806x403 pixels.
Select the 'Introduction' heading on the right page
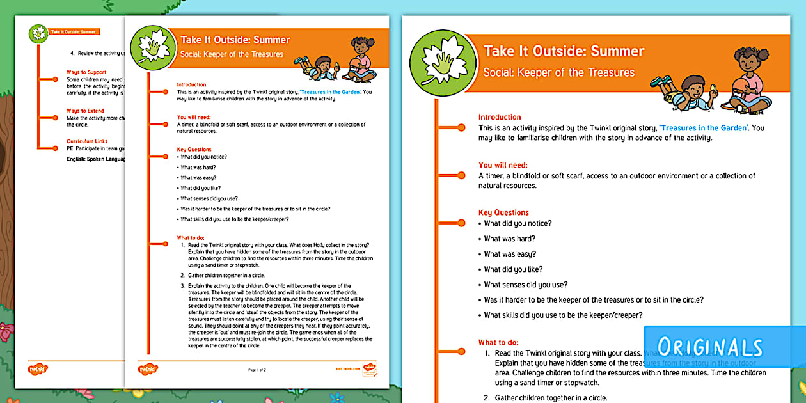500,117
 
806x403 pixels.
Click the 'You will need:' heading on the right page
503,165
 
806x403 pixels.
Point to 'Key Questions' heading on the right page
503,212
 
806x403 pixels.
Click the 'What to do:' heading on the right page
498,342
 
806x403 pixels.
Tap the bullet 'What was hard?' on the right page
510,239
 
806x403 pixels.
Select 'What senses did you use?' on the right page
525,285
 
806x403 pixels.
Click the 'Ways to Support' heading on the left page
86,72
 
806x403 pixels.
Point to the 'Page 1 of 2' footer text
257,370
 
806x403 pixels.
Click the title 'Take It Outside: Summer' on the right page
564,51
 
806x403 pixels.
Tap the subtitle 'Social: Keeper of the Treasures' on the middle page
232,54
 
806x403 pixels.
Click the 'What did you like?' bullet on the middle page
201,188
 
